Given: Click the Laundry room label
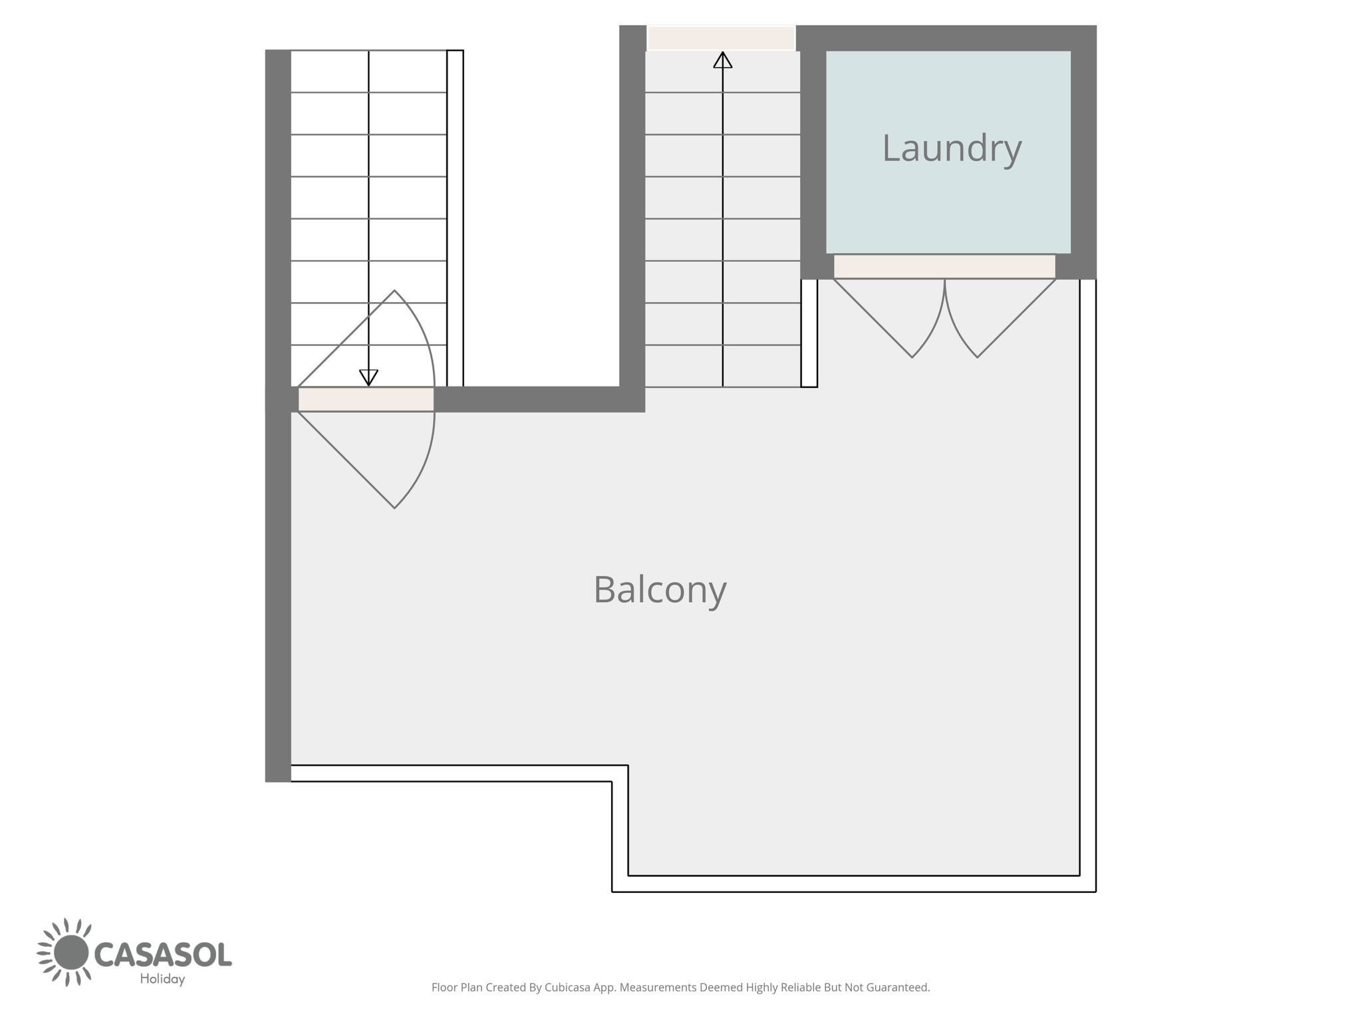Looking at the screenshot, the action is point(952,149).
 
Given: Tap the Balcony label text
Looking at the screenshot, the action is point(660,590).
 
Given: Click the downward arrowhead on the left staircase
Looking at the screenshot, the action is point(368,378).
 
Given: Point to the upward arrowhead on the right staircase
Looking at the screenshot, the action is point(723,60).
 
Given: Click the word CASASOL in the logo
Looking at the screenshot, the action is point(164,954).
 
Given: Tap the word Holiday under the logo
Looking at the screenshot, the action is point(162,979).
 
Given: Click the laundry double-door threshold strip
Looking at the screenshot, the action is point(944,266).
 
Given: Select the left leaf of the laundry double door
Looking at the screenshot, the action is point(889,318).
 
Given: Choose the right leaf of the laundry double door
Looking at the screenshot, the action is point(1000,318).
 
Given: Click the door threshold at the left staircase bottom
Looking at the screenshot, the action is point(366,399).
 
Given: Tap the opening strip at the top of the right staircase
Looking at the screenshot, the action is point(722,37).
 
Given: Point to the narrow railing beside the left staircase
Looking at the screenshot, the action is point(455,218).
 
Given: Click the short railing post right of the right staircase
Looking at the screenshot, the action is point(809,333).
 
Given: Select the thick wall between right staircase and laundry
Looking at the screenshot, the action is point(813,152).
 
